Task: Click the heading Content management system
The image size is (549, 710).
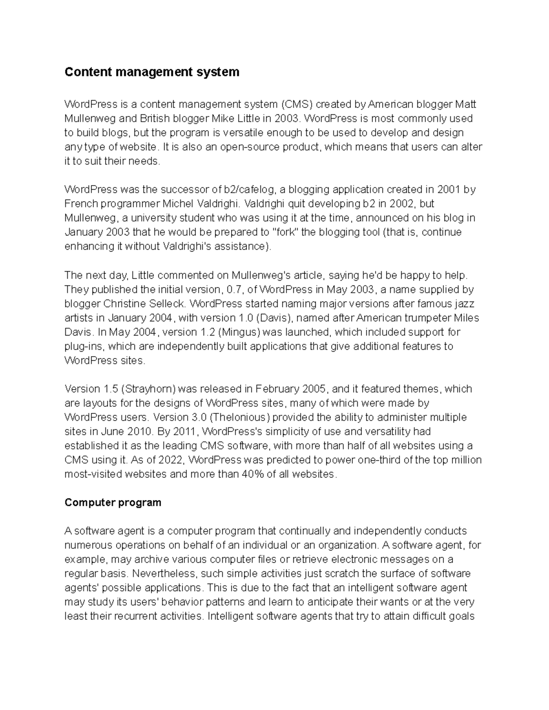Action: [x=152, y=72]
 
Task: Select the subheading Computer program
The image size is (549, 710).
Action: [x=113, y=502]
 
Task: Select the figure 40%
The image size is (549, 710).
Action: [x=252, y=474]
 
